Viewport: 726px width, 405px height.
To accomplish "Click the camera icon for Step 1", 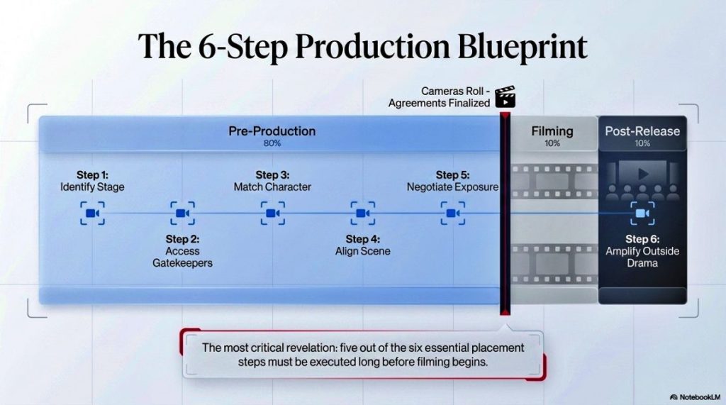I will [x=92, y=213].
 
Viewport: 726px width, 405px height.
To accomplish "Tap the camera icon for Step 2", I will [x=182, y=213].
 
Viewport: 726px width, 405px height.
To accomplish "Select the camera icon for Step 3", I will [x=272, y=213].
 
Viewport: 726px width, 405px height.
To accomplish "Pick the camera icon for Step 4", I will [x=362, y=213].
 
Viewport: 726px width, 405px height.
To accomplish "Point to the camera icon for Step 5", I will [x=452, y=213].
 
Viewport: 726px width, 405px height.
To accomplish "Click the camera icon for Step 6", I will [x=642, y=213].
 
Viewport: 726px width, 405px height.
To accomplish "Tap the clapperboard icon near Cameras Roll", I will [x=505, y=96].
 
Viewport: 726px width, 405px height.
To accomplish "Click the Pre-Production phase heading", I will [x=272, y=131].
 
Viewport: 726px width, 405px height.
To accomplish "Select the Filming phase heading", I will [x=552, y=131].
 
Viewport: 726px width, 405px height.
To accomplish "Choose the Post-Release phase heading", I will [x=642, y=131].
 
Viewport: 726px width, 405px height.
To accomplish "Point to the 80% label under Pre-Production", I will [x=272, y=143].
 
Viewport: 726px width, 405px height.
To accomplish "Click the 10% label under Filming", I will [x=552, y=143].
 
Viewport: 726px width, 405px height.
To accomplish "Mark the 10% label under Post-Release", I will [x=642, y=143].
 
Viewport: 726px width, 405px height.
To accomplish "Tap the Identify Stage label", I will [x=92, y=187].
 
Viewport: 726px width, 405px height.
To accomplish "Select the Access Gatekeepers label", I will [x=182, y=257].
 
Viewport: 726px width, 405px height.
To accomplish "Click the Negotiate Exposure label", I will [x=452, y=187].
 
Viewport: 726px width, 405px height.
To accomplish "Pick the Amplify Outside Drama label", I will [x=642, y=257].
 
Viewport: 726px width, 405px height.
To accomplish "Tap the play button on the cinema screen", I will [x=642, y=173].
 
